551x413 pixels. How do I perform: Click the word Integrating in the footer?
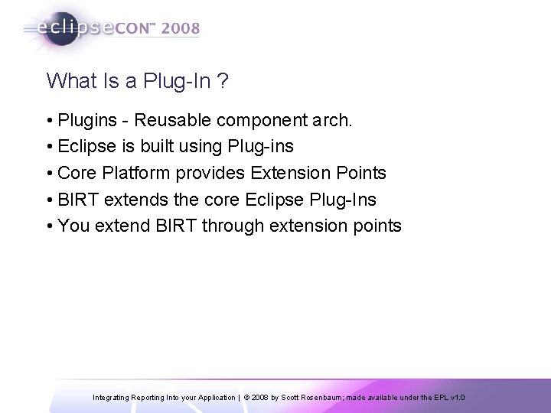(113, 398)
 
